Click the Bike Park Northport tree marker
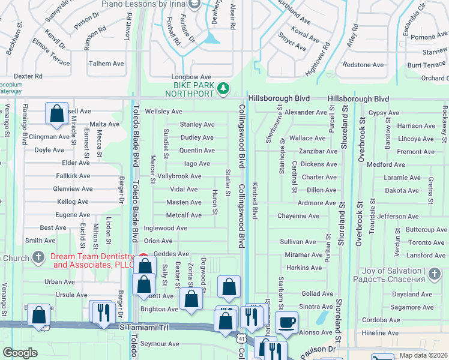[x=223, y=89]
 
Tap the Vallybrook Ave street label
[x=179, y=176]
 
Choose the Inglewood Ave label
[x=166, y=228]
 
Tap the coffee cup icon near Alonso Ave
[x=287, y=322]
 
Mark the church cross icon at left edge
[x=38, y=258]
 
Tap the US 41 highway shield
[x=241, y=340]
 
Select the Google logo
[x=20, y=353]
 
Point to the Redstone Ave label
[x=363, y=65]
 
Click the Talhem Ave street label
[x=106, y=64]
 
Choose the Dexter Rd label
[x=28, y=76]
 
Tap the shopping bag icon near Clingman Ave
[x=56, y=113]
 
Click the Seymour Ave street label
[x=160, y=344]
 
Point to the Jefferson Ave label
[x=399, y=216]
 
